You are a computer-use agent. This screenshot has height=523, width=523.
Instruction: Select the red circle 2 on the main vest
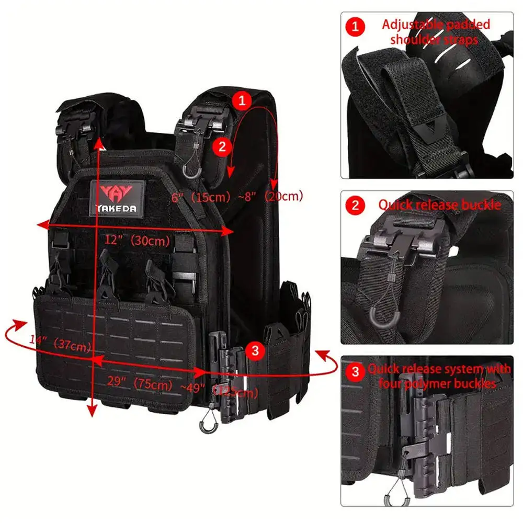[x=222, y=147]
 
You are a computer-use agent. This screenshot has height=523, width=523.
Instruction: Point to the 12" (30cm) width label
[x=138, y=241]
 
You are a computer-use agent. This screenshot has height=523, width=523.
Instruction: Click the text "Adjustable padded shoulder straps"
[x=436, y=31]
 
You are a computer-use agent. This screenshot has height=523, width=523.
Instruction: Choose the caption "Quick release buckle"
[x=439, y=204]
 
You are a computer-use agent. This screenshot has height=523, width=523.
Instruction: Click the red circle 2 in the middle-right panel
[x=356, y=205]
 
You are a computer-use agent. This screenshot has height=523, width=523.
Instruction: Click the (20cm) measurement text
[x=283, y=197]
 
